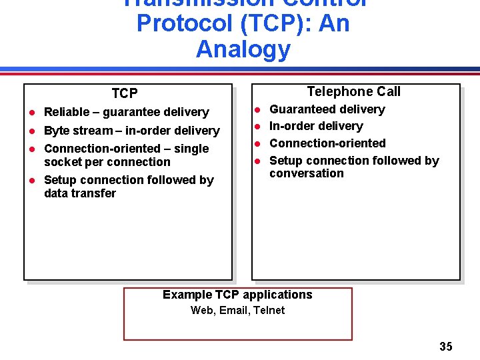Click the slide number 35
[x=446, y=346]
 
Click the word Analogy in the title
[x=243, y=49]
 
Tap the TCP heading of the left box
[x=125, y=93]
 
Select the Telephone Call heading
[x=353, y=91]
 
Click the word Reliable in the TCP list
[x=67, y=112]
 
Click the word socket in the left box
[x=62, y=162]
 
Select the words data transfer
[x=80, y=193]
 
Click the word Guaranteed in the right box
[x=299, y=109]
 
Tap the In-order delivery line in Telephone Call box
[x=316, y=126]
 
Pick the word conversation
[x=307, y=173]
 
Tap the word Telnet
[x=269, y=310]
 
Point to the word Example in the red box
[x=187, y=295]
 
